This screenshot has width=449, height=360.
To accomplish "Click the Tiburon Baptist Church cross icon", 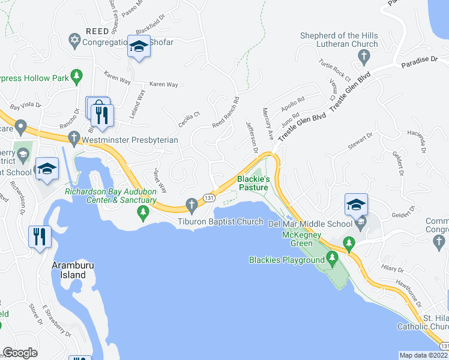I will point(191,205).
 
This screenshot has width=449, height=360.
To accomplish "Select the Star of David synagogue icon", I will point(74,41).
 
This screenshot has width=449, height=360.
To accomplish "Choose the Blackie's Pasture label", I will point(253,183).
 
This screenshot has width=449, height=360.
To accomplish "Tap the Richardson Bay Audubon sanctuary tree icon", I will point(143,211).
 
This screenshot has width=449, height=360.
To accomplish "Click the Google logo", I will point(20,353).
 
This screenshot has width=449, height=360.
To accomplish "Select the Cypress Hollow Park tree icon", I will point(76,76).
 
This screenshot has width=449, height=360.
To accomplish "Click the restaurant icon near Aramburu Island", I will point(40,235).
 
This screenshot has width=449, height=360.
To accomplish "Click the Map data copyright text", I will point(424,355).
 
